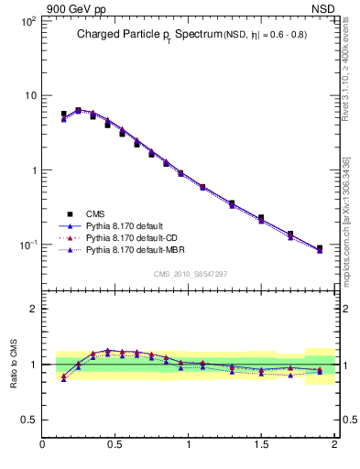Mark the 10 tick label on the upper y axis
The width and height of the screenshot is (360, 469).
click(29, 96)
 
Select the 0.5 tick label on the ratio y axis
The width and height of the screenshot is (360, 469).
click(29, 420)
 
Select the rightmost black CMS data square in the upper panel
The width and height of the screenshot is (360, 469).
click(319, 248)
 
